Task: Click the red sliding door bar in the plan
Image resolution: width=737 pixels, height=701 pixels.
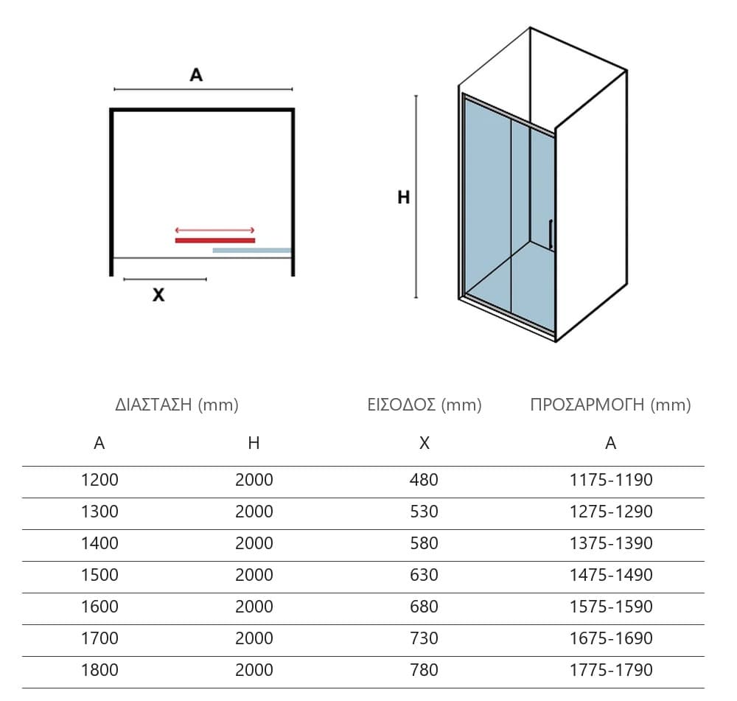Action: pyautogui.click(x=214, y=240)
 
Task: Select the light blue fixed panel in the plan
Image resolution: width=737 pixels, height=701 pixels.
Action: pyautogui.click(x=252, y=250)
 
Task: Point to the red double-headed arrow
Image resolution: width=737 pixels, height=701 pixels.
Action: pyautogui.click(x=214, y=230)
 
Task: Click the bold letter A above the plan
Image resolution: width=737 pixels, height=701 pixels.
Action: pyautogui.click(x=196, y=74)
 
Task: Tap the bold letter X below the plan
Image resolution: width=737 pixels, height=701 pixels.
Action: pyautogui.click(x=158, y=295)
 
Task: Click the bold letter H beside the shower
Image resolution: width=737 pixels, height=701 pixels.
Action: pyautogui.click(x=403, y=197)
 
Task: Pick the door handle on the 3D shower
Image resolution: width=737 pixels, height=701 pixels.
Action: pyautogui.click(x=551, y=234)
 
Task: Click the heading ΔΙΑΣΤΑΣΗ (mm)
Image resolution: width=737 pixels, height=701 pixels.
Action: pyautogui.click(x=177, y=405)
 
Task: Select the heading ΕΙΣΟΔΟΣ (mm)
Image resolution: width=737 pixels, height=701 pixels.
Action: pyautogui.click(x=425, y=405)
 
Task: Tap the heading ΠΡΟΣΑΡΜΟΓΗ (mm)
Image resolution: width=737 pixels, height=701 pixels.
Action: pyautogui.click(x=610, y=405)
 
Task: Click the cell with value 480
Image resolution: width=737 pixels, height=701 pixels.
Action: pyautogui.click(x=424, y=480)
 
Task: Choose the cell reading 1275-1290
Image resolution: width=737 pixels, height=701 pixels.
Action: pyautogui.click(x=611, y=511)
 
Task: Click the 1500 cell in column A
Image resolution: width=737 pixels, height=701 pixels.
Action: pyautogui.click(x=99, y=574)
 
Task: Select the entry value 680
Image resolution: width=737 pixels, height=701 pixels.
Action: pyautogui.click(x=424, y=607)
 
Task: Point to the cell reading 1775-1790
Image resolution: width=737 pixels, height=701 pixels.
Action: pyautogui.click(x=611, y=669)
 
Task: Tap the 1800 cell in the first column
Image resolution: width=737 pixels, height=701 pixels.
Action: pyautogui.click(x=99, y=669)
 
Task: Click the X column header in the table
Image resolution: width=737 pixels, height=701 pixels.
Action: pyautogui.click(x=425, y=443)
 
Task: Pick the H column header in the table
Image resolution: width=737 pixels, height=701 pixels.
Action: pyautogui.click(x=254, y=443)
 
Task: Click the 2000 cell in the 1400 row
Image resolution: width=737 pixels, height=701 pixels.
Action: pyautogui.click(x=254, y=543)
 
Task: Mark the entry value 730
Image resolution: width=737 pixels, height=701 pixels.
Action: pyautogui.click(x=424, y=638)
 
